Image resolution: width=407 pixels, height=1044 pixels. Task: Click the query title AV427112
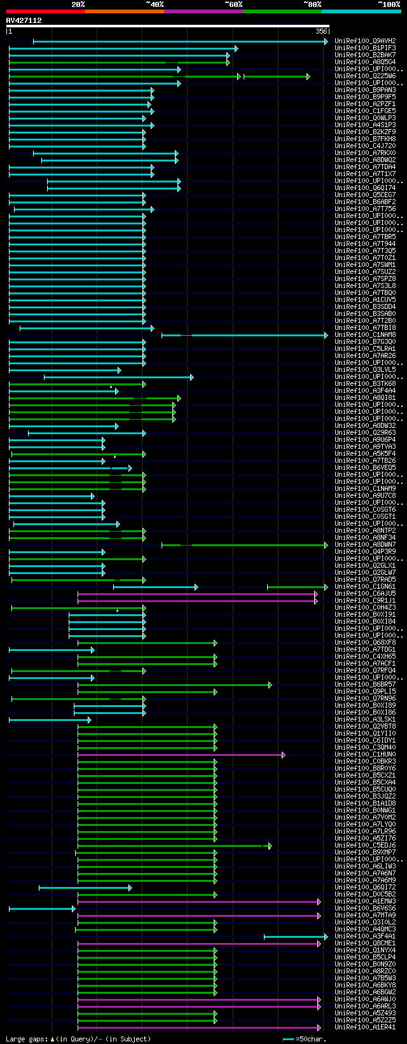(24, 20)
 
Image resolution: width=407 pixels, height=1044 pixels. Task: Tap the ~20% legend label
(78, 4)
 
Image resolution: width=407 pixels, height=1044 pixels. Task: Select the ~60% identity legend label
(233, 4)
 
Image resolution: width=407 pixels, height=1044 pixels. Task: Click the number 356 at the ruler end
(321, 31)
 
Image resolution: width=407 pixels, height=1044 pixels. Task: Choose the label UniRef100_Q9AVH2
(365, 41)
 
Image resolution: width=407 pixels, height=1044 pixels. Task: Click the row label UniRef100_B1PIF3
(365, 48)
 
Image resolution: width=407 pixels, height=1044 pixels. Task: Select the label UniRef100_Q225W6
(365, 76)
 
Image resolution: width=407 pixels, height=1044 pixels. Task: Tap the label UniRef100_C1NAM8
(365, 335)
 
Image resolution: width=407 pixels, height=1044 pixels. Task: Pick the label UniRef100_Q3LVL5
(365, 370)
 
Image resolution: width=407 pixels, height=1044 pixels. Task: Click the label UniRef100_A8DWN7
(365, 545)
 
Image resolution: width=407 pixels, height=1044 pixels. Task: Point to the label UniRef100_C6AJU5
(365, 594)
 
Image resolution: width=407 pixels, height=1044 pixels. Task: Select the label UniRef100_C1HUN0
(365, 755)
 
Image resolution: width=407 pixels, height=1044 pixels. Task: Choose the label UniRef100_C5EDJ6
(365, 846)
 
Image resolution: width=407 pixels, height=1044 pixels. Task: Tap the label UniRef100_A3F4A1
(365, 937)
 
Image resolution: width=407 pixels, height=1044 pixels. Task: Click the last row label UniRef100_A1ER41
(365, 1027)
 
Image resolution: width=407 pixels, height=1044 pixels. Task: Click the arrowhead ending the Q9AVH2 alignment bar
(326, 41)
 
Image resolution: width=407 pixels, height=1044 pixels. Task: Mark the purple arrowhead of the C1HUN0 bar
(284, 755)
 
